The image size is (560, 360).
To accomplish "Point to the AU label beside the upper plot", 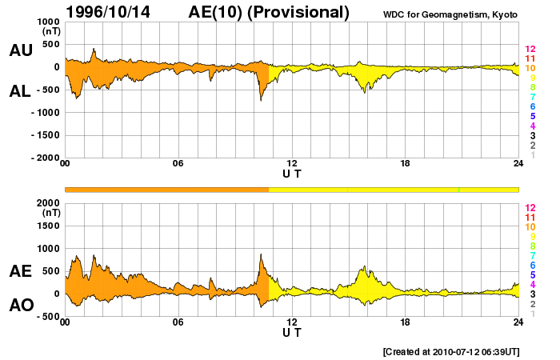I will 20,50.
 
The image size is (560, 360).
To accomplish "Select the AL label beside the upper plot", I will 20,91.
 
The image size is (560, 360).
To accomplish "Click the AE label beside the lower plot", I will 20,271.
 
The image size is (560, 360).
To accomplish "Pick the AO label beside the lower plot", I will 20,306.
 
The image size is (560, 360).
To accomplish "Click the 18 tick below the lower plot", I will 406,322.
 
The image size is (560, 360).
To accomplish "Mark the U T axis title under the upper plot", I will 292,173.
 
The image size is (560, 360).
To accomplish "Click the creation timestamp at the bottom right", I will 451,351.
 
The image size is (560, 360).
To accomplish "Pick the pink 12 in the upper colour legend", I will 530,50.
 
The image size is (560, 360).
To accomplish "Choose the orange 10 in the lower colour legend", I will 530,227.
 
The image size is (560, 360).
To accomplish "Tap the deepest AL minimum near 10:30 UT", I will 261,101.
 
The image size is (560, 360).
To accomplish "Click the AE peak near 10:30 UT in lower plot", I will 261,254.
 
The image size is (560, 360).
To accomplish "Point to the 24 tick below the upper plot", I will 518,164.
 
